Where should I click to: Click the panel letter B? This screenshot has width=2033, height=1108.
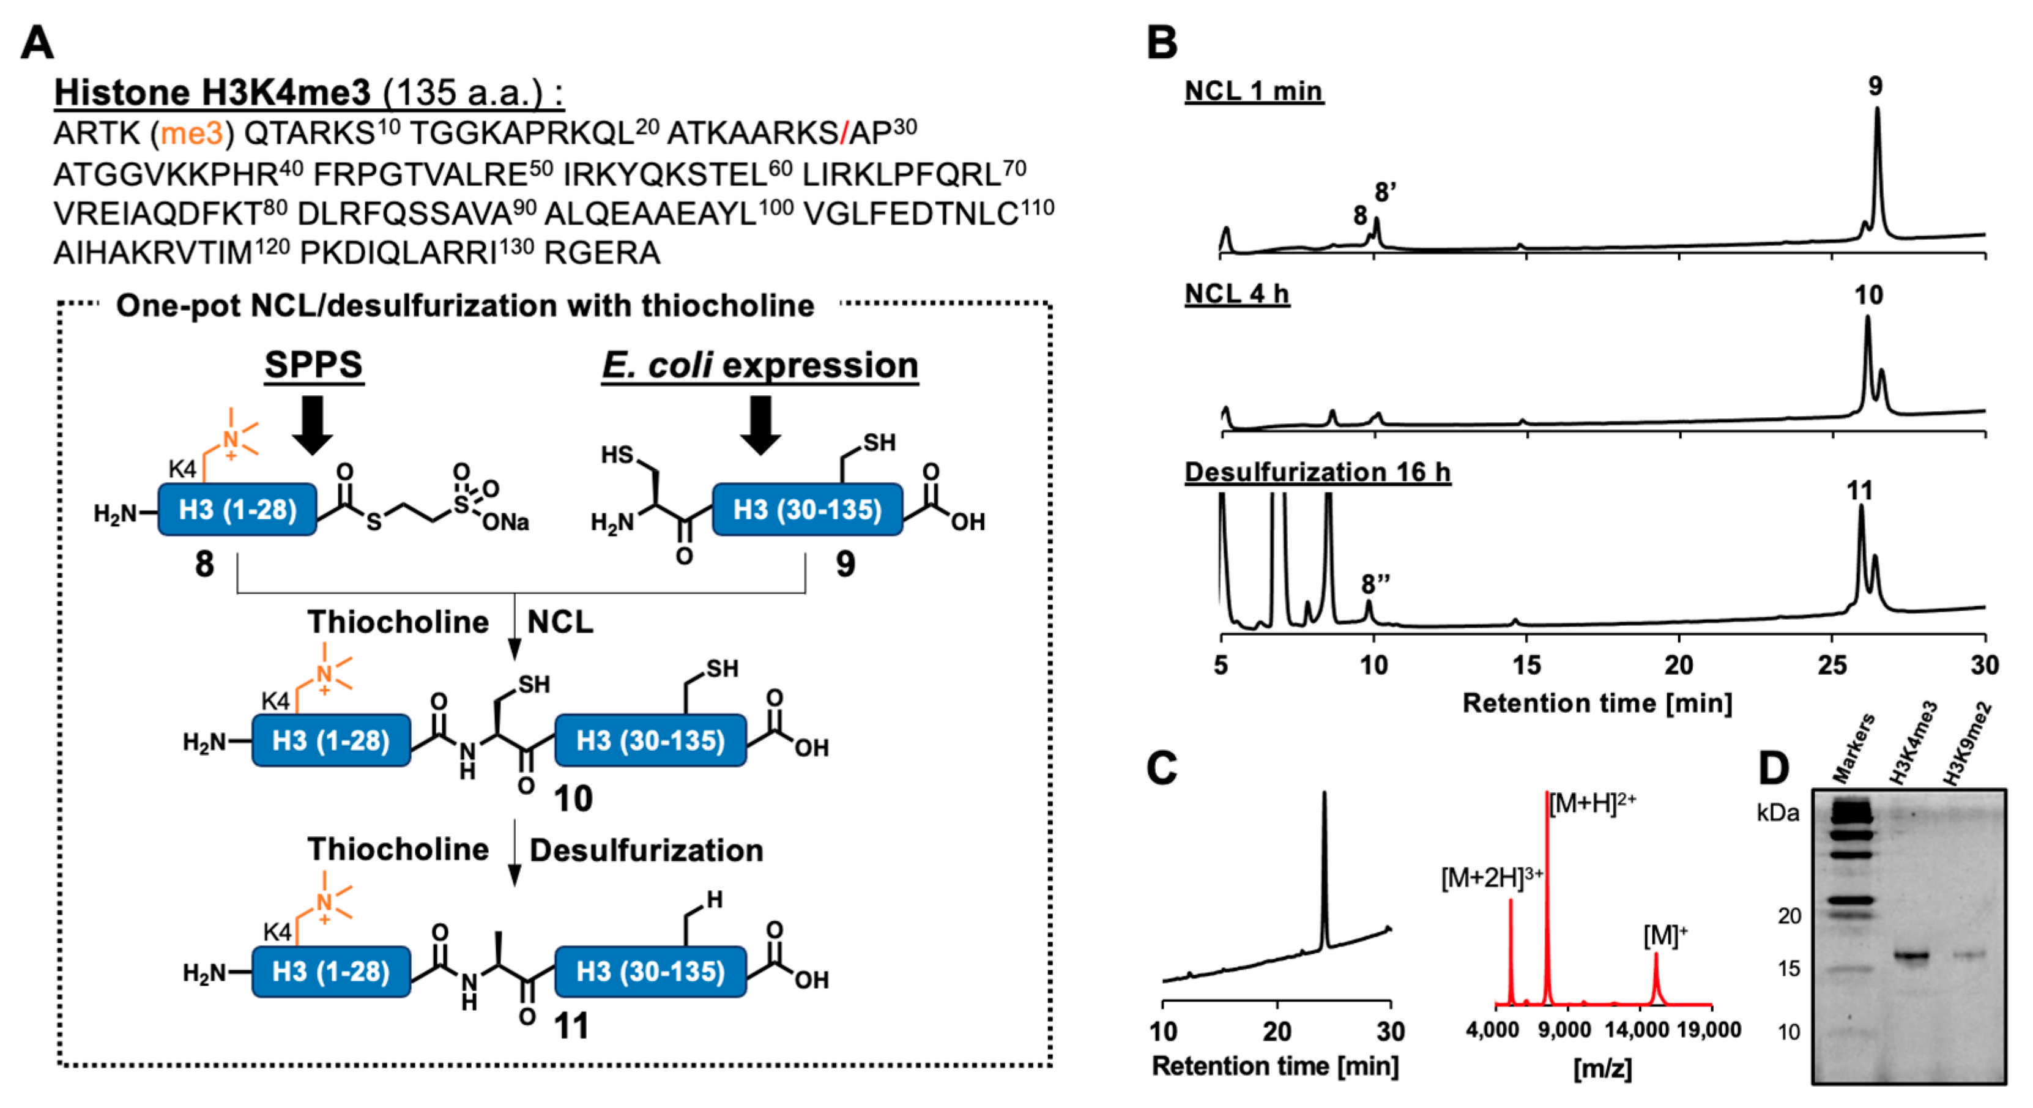[1162, 43]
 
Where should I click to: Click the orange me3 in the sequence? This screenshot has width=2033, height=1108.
[191, 133]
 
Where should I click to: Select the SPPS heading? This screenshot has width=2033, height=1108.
[313, 365]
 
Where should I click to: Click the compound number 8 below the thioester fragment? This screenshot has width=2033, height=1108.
[204, 563]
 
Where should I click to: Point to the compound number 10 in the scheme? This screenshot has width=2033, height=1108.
[573, 798]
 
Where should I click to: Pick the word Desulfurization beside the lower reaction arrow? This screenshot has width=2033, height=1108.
[646, 850]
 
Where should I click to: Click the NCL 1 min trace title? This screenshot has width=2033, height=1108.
[1253, 92]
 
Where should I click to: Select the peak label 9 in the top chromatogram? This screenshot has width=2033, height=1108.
[1875, 86]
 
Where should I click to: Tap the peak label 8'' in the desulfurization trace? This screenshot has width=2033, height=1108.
[1375, 584]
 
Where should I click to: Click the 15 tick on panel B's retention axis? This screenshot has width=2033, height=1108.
[1526, 665]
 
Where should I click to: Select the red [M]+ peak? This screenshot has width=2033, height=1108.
[1656, 978]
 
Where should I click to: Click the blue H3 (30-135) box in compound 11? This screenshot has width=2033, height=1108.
[650, 972]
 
